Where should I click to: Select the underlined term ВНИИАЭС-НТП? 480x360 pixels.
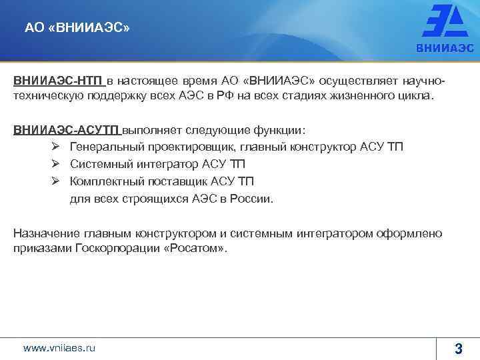[59, 81]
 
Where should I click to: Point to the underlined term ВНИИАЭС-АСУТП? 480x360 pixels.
[67, 129]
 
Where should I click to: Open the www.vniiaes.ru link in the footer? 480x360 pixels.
[59, 347]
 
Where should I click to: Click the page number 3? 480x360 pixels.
[458, 347]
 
